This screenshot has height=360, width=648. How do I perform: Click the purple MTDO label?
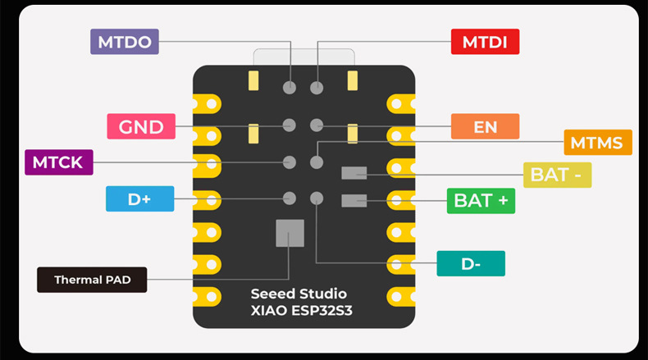point(124,42)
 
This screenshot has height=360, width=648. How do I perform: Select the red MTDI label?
point(485,42)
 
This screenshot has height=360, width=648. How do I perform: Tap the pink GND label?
point(141,126)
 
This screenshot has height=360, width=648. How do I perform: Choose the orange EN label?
point(485,126)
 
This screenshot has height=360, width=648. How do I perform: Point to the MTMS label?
point(597,143)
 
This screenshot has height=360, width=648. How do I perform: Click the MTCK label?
point(58,162)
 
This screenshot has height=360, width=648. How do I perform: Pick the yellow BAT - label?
point(557,175)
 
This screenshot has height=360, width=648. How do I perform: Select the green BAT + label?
point(480,201)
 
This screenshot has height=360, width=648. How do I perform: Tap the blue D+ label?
point(140,198)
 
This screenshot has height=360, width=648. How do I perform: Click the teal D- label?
point(470,263)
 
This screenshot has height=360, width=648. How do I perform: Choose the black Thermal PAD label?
point(93,280)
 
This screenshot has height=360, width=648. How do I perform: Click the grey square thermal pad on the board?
point(290,233)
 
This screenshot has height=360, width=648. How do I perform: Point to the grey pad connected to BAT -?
point(354,172)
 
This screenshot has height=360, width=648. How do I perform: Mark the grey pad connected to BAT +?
point(354,200)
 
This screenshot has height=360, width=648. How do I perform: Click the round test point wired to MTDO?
point(289,87)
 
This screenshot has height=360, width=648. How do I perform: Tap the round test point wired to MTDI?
point(317,87)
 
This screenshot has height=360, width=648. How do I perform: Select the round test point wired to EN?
point(317,125)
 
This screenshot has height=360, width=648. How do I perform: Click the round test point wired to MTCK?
point(289,162)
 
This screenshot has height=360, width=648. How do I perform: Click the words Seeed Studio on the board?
point(299,294)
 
